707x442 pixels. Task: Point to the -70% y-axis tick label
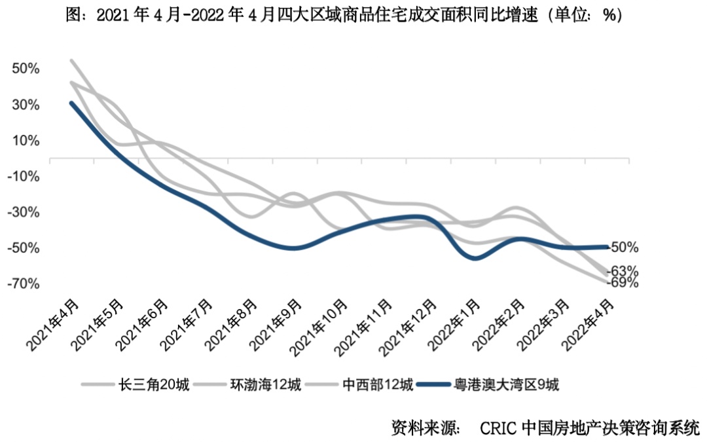coord(24,284)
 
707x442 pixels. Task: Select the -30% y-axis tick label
coord(24,212)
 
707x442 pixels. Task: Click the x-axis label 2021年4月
coord(55,323)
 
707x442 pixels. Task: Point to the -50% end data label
coord(624,248)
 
